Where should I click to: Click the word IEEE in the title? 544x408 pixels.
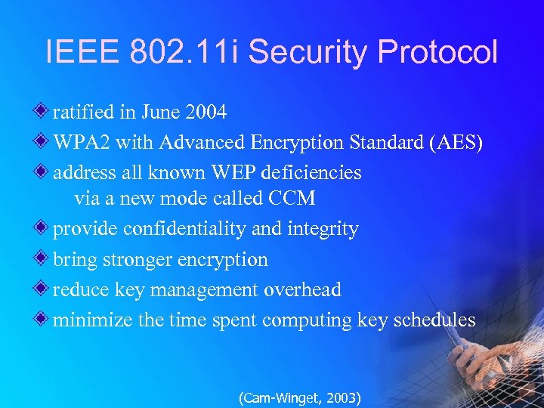81,53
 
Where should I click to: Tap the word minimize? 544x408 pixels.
93,320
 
